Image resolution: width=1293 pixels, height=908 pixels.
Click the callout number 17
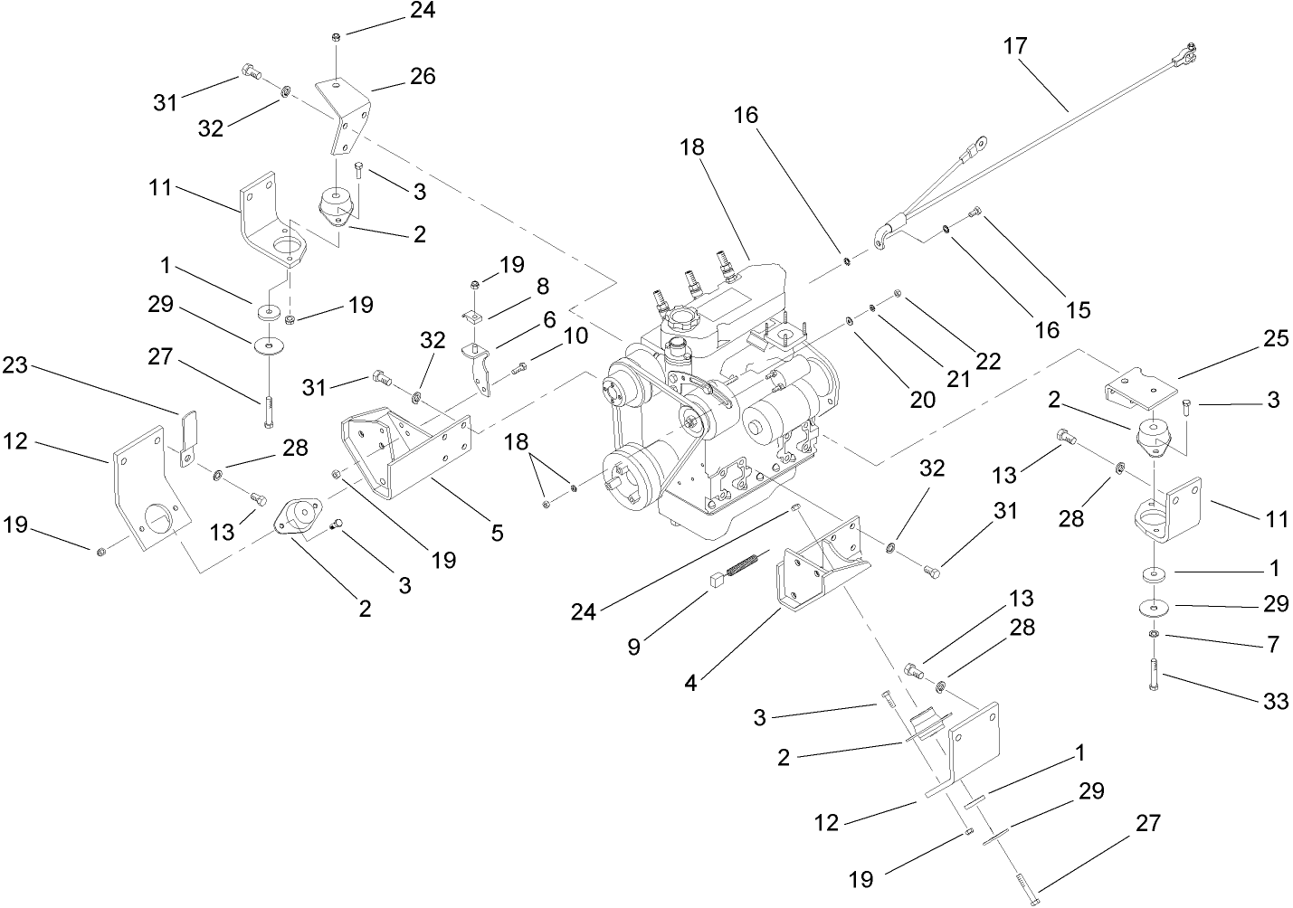pyautogui.click(x=1015, y=45)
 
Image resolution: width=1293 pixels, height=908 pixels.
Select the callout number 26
pyautogui.click(x=422, y=77)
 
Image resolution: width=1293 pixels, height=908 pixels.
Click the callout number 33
pyautogui.click(x=1276, y=700)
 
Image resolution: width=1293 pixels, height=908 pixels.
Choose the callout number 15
pyautogui.click(x=1078, y=309)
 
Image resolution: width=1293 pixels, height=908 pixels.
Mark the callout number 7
pyautogui.click(x=1273, y=645)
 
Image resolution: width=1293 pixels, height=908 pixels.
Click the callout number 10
pyautogui.click(x=575, y=336)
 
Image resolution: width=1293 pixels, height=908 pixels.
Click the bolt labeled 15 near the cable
pyautogui.click(x=975, y=213)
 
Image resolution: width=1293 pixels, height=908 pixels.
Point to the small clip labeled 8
pyautogui.click(x=476, y=316)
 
